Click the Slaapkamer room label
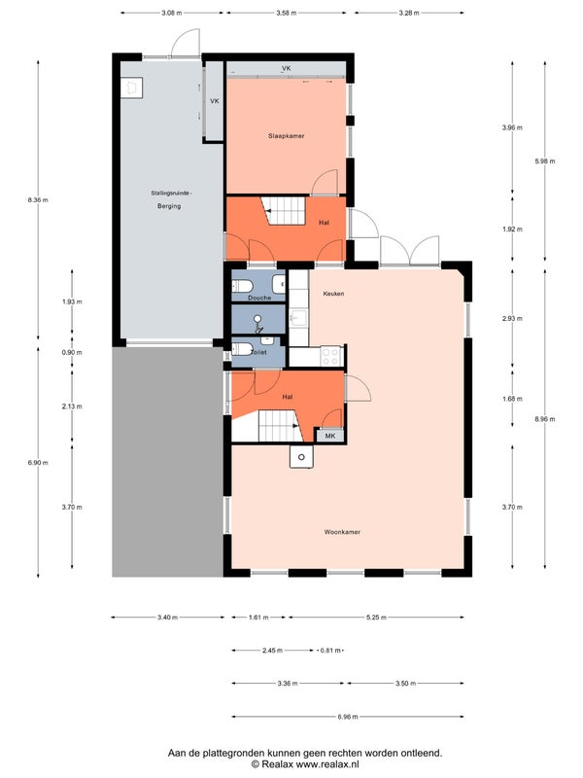pos(286,136)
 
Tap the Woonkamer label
pos(342,532)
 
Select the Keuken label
pos(333,294)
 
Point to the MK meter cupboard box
pos(330,436)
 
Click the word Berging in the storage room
pos(169,206)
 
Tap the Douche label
pos(259,298)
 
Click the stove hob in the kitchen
pos(330,356)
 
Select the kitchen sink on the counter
pos(299,318)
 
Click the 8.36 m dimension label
pos(38,200)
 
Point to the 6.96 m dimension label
pos(348,717)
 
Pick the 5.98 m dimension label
pos(545,161)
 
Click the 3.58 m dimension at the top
pos(286,13)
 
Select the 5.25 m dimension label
pos(376,618)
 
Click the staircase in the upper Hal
pos(284,210)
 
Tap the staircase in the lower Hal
pos(281,426)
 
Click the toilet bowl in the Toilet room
pos(242,349)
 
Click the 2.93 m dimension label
pos(512,319)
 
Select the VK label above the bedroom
pos(286,68)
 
